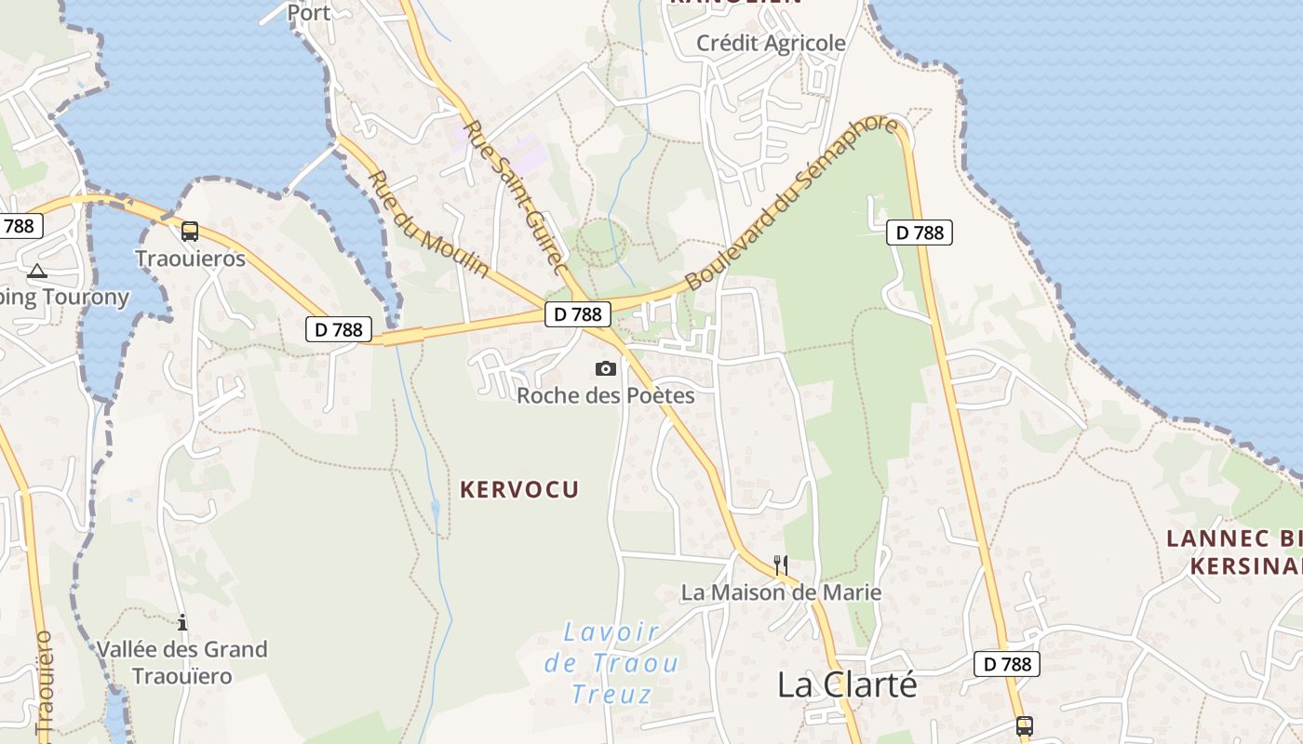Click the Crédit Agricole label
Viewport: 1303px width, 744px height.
(x=771, y=43)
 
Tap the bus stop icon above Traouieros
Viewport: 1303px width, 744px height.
(x=190, y=232)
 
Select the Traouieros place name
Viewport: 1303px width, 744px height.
(x=190, y=259)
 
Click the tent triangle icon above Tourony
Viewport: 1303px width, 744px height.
(x=37, y=272)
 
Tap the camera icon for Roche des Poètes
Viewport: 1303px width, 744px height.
(x=606, y=369)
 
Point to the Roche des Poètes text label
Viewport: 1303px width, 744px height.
(x=606, y=395)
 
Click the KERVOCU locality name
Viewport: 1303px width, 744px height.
(x=519, y=489)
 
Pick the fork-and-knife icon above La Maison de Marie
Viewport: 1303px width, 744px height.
(x=781, y=565)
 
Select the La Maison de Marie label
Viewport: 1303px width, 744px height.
(x=781, y=591)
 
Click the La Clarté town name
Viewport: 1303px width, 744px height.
(x=847, y=684)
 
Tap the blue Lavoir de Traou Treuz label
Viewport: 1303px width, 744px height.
(x=611, y=663)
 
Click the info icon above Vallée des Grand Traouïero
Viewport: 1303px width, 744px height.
(x=182, y=622)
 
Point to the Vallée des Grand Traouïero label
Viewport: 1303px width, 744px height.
(x=182, y=662)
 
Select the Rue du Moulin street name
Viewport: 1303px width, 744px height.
(x=428, y=223)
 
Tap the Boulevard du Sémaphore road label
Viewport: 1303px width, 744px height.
(x=792, y=202)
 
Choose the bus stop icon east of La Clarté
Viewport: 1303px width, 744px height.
(x=1025, y=725)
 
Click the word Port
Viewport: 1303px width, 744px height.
(x=309, y=12)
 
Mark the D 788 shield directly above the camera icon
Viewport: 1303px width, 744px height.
(x=578, y=314)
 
